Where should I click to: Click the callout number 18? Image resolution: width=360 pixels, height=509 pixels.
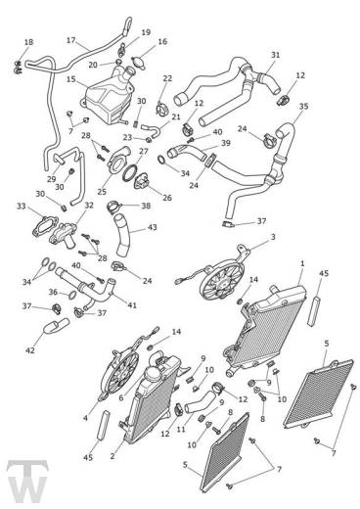click(28, 42)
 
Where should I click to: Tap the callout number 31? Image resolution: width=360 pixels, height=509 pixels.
click(276, 55)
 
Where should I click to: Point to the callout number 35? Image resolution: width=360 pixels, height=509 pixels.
click(303, 107)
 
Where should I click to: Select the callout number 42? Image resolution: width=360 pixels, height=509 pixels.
click(30, 350)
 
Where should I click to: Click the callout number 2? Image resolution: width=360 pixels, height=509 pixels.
click(112, 456)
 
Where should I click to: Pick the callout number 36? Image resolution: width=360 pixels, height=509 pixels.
click(54, 292)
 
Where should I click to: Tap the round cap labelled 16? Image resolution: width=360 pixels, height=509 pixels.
click(139, 63)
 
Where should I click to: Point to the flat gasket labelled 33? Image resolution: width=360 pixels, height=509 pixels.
click(45, 226)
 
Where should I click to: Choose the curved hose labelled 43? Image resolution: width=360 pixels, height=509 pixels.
click(122, 235)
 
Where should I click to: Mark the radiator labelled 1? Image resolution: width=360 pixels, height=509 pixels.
click(266, 330)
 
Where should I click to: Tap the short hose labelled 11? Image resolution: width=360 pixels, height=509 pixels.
click(199, 401)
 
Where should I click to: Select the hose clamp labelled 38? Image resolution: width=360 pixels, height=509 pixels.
click(113, 206)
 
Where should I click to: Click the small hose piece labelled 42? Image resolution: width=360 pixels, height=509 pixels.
click(56, 327)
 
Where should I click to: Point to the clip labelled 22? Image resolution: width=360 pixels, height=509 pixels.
click(161, 109)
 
